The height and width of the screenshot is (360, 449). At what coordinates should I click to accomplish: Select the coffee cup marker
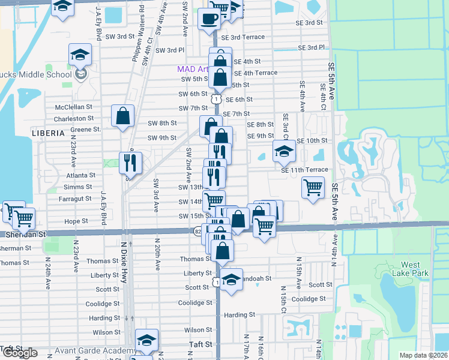pyautogui.click(x=209, y=20)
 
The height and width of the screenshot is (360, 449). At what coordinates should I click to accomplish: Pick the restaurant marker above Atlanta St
pyautogui.click(x=130, y=161)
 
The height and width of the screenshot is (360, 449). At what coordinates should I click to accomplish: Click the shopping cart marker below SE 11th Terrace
pyautogui.click(x=313, y=188)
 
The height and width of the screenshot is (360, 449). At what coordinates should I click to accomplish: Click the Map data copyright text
pyautogui.click(x=424, y=355)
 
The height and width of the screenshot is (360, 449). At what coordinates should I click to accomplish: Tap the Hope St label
pyautogui.click(x=76, y=221)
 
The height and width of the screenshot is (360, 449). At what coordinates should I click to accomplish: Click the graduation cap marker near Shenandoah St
pyautogui.click(x=231, y=280)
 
